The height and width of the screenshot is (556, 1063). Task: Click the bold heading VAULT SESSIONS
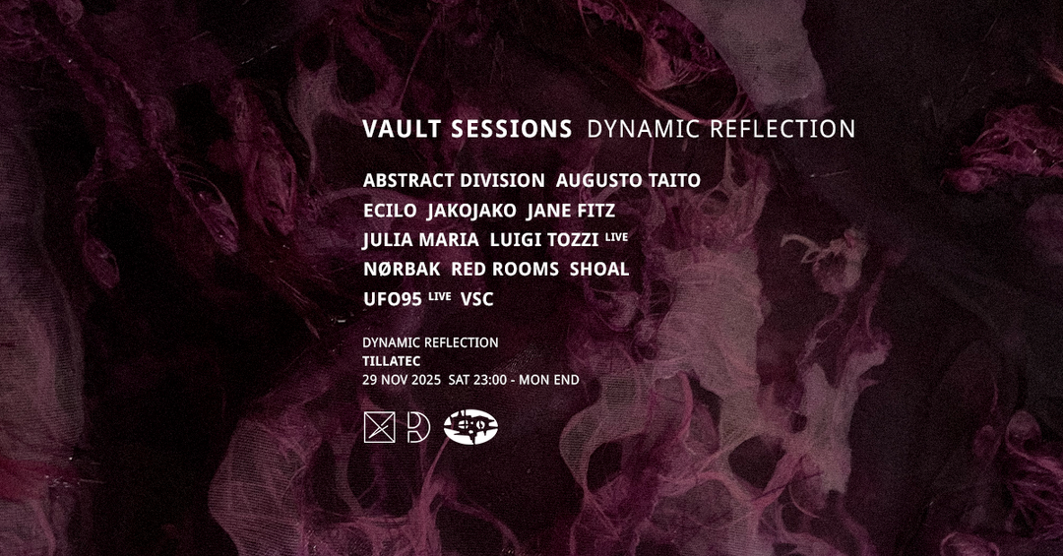tap(468, 129)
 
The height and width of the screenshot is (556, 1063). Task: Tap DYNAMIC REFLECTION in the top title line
tap(720, 129)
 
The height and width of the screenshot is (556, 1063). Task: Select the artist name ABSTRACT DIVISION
tap(454, 180)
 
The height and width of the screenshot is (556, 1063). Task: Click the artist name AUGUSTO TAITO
tap(628, 180)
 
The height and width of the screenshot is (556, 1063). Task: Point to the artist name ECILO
tap(390, 211)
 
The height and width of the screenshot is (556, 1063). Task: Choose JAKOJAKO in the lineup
tap(471, 211)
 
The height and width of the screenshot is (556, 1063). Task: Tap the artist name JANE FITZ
tap(571, 211)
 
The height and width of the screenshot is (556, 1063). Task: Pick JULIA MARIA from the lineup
tap(420, 240)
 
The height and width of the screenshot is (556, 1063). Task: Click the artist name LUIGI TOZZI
tap(543, 240)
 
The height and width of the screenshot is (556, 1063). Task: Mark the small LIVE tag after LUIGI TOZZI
tap(616, 236)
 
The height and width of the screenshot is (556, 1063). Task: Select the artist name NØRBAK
tap(402, 270)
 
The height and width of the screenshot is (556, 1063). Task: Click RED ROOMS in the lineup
tap(505, 270)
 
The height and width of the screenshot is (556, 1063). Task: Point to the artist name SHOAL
tap(599, 270)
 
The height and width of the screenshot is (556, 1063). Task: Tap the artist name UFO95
tap(393, 299)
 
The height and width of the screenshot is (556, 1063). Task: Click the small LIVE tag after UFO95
tap(439, 295)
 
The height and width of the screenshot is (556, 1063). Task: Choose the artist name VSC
tap(476, 299)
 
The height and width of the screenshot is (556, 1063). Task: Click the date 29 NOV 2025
tap(402, 380)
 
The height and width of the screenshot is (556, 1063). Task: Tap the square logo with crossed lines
tap(379, 428)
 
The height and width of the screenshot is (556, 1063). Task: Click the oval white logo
tap(470, 428)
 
